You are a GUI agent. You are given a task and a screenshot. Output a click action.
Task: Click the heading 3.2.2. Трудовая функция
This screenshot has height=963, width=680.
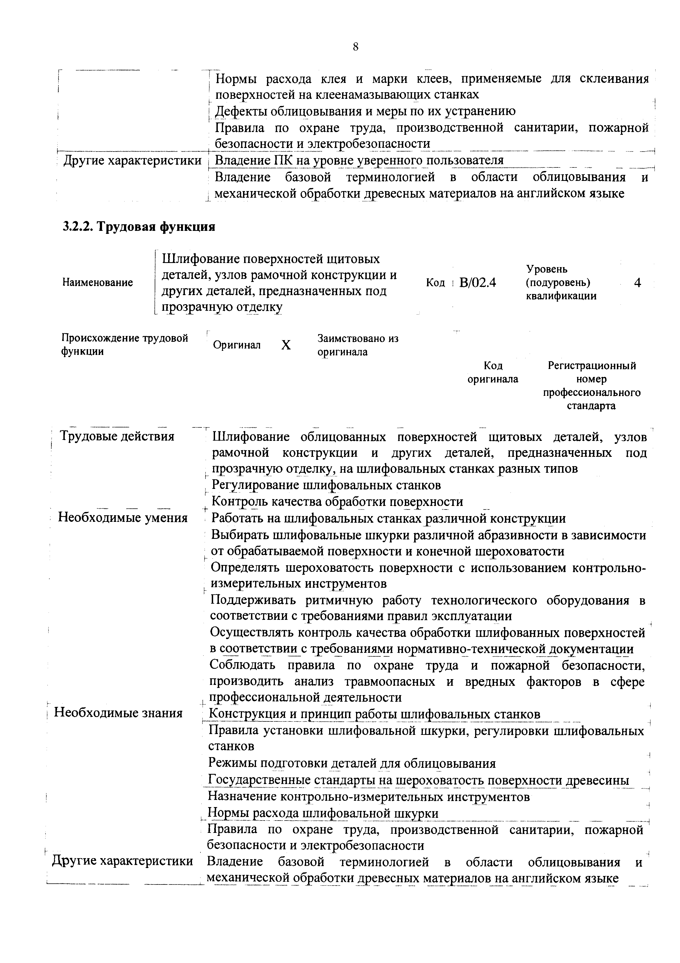point(139,227)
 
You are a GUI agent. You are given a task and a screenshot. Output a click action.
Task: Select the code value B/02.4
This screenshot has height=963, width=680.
point(477,283)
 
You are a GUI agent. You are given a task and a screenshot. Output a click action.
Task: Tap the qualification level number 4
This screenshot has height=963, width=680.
point(637,283)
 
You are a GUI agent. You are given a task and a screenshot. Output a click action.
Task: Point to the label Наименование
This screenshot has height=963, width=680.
point(98,283)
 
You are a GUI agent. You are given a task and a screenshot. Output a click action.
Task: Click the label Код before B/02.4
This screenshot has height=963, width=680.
point(435,283)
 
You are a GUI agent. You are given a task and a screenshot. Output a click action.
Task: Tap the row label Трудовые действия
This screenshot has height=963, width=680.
point(117,437)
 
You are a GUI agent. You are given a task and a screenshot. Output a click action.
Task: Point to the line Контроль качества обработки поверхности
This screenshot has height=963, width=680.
point(337,502)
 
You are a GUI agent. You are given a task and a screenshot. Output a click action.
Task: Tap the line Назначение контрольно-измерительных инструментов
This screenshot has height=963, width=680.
point(369,796)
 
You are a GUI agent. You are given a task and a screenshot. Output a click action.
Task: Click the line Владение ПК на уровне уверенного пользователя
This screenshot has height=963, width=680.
point(359,161)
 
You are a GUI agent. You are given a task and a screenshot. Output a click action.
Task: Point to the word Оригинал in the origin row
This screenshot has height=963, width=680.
point(237,345)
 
